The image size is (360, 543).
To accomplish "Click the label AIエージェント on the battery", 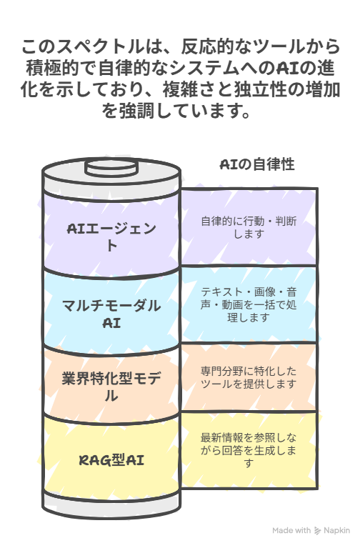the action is [x=111, y=237].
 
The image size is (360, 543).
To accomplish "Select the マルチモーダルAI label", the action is [x=111, y=314].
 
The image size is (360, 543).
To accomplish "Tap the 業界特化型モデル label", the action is [x=111, y=387].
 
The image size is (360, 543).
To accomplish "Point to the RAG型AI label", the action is [x=111, y=460].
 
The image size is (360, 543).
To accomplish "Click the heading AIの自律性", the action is [x=257, y=164].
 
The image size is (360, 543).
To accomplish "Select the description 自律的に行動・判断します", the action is [x=249, y=227].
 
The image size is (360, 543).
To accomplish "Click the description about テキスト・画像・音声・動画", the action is [x=249, y=304].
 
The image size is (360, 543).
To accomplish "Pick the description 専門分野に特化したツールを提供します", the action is [x=249, y=377].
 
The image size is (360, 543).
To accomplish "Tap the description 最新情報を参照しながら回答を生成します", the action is [x=249, y=450].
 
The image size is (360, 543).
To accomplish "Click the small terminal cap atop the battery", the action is [x=111, y=168].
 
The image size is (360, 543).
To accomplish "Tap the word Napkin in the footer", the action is [x=336, y=531].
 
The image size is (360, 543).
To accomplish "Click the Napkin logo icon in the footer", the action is [x=317, y=531].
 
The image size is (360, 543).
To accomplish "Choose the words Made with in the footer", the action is [x=291, y=531].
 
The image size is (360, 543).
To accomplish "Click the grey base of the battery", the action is [x=111, y=507].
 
